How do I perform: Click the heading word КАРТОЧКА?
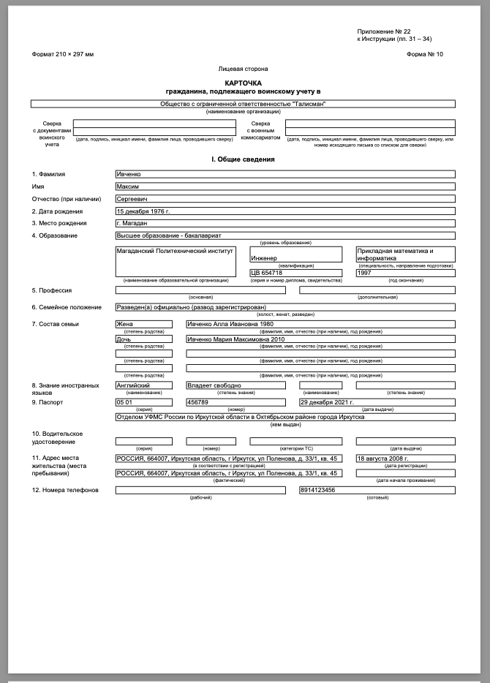coord(244,83)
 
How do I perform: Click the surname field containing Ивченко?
coord(284,174)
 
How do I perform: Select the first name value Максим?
coord(284,186)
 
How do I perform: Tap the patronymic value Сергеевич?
coord(284,198)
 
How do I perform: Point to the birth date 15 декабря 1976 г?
coord(284,211)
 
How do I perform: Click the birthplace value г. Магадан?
coord(284,223)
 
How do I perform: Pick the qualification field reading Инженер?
coord(295,258)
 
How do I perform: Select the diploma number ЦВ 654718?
coord(295,273)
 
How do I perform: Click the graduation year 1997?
coord(405,273)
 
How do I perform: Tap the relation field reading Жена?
coord(144,324)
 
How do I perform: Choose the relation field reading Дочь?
coord(144,339)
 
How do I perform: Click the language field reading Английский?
coord(144,385)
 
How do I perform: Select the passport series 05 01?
coord(144,402)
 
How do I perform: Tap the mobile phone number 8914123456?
coord(377,490)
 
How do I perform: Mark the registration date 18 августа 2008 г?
coord(405,459)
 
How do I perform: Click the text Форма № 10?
coord(429,55)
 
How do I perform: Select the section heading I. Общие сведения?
coord(244,159)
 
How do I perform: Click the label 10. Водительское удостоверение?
coord(58,437)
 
